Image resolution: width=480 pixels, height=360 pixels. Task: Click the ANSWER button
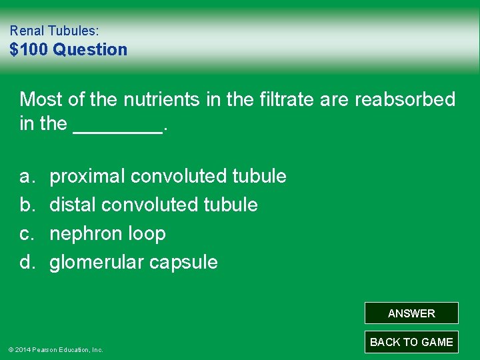coord(411,313)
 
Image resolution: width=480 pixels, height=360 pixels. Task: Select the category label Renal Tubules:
coord(55,31)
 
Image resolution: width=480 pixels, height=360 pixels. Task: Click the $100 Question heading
coord(69,50)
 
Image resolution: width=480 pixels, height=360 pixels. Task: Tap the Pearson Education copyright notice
coord(55,349)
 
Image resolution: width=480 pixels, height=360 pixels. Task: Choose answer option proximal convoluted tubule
coord(168,177)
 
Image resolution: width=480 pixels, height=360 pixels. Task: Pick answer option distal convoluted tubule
coord(154,205)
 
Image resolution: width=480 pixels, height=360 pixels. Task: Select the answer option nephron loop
coord(108,234)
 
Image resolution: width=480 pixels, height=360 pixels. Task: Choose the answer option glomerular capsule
coord(134,263)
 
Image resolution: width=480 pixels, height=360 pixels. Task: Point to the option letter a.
coord(27,177)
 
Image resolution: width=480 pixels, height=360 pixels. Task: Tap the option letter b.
coord(27,205)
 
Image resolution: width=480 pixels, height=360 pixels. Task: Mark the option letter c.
coord(27,234)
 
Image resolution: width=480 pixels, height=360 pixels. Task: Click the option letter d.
coord(27,263)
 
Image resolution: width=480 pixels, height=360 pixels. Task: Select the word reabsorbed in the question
coord(405,100)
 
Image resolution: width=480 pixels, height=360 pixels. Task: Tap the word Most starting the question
coord(41,100)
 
